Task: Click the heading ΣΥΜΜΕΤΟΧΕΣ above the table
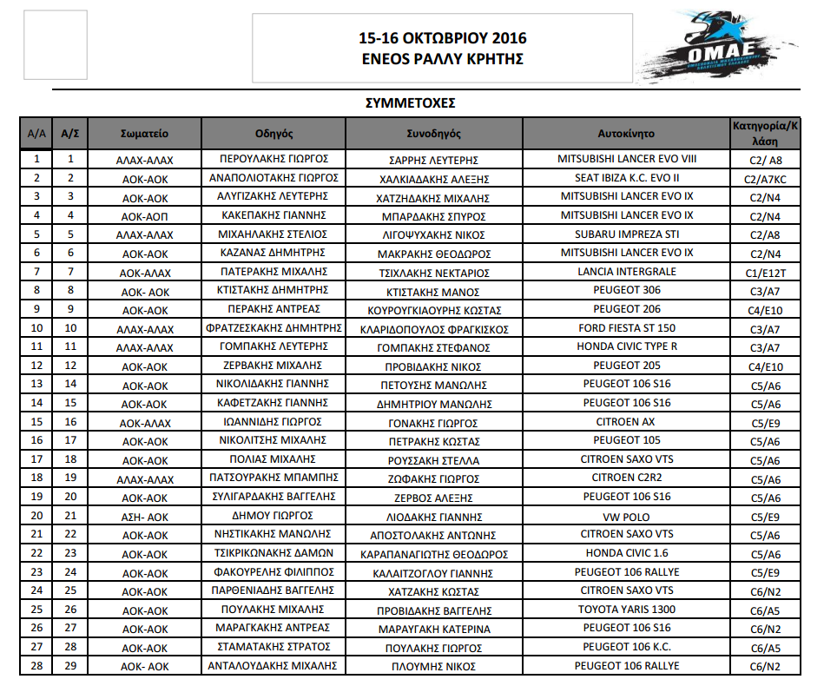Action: tap(412, 103)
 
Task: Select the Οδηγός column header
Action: tap(274, 134)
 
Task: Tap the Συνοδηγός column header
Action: tap(434, 134)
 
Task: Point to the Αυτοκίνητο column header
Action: tap(626, 134)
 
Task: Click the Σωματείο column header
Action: tap(145, 134)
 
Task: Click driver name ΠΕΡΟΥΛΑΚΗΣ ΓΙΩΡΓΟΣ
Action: tap(274, 160)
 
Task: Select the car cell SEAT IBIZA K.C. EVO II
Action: tap(626, 178)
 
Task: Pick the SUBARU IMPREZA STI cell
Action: tap(626, 234)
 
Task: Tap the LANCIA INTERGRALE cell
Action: tap(626, 272)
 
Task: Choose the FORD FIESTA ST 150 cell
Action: tap(626, 328)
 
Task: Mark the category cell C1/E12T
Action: tap(765, 273)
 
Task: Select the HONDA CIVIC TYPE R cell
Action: tap(626, 347)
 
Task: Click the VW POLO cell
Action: tap(626, 516)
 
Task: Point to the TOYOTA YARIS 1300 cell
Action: tap(626, 610)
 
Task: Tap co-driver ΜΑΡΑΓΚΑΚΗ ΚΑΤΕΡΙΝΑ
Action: tap(434, 629)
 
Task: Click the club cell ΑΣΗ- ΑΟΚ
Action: tap(145, 517)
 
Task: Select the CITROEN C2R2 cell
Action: tap(626, 478)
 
